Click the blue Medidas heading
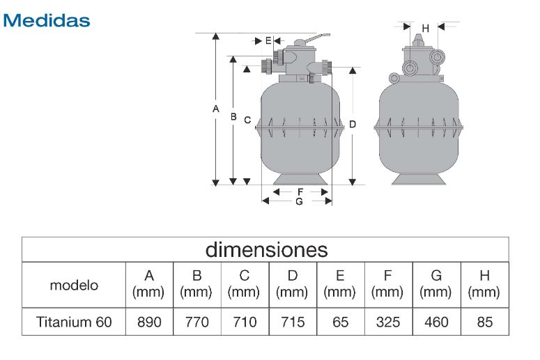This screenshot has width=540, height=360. (x=47, y=20)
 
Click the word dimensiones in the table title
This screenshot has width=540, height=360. (x=266, y=249)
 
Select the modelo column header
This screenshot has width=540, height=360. (x=74, y=285)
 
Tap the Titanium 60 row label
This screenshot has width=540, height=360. (x=74, y=322)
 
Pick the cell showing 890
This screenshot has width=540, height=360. (x=149, y=322)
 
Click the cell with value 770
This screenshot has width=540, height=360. (x=197, y=322)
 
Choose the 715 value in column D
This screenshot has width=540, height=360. (x=293, y=322)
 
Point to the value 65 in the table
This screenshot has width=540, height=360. (x=341, y=322)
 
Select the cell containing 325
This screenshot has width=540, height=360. (x=388, y=322)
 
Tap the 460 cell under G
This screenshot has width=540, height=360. (x=436, y=322)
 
